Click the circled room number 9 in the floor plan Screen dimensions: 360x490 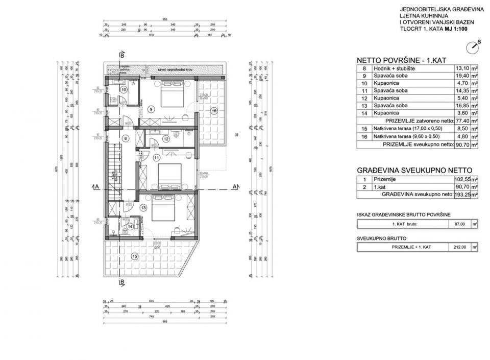[x=151, y=109]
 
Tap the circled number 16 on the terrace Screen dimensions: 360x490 [x=214, y=111]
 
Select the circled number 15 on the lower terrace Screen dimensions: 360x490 [x=135, y=256]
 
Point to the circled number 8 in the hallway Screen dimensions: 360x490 [x=126, y=138]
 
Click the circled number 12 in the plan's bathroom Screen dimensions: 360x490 [x=166, y=138]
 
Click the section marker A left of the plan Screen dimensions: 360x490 [x=96, y=187]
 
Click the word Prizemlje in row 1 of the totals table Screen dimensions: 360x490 [x=384, y=179]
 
